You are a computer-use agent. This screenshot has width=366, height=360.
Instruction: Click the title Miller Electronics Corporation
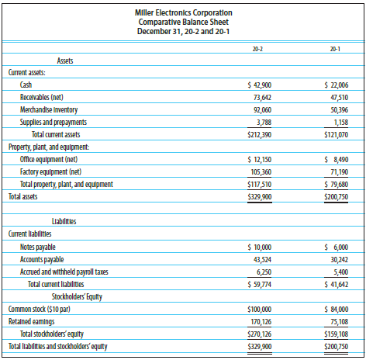(183, 12)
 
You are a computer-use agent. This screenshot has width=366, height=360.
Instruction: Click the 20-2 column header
(258, 49)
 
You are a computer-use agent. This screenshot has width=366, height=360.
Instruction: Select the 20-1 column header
(336, 49)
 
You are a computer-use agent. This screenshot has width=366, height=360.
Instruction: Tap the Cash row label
(26, 84)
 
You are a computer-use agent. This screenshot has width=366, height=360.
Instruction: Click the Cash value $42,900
(258, 84)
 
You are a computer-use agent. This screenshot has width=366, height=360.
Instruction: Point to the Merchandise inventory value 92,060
(260, 109)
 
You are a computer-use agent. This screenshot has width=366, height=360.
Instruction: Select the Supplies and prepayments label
(54, 122)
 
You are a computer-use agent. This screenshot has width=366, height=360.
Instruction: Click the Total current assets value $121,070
(334, 134)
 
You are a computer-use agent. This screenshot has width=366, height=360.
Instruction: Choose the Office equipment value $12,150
(258, 159)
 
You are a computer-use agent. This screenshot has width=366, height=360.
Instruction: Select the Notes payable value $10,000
(258, 247)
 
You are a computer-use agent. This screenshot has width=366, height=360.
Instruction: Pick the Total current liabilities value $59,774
(258, 284)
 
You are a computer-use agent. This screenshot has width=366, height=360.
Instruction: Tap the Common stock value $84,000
(334, 309)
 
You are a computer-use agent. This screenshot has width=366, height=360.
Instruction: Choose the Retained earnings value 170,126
(258, 321)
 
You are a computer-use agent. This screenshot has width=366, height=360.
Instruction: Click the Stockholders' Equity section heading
(79, 296)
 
